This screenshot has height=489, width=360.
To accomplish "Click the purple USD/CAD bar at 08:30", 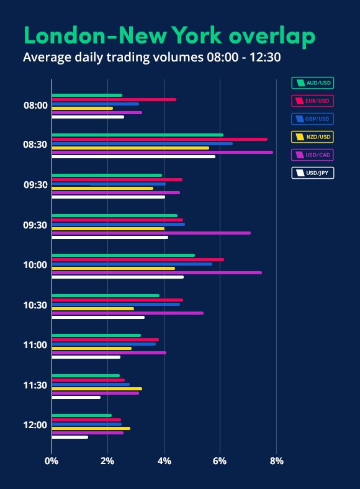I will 161,152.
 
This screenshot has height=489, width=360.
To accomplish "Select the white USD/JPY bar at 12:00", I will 70,437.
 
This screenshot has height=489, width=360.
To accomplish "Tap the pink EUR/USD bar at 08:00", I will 114,99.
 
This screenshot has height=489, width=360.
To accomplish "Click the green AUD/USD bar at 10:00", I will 123,255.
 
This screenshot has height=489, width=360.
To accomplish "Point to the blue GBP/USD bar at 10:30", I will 115,304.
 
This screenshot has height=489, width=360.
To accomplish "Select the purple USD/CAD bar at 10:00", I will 156,272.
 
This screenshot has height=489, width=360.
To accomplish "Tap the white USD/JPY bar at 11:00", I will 86,357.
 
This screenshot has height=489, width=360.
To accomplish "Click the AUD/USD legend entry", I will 312,83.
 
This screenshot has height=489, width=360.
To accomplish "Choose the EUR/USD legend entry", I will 312,101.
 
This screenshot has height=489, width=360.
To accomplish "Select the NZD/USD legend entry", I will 312,137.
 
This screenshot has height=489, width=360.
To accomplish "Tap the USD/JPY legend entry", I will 312,173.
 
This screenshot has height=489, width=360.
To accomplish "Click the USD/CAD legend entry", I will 312,155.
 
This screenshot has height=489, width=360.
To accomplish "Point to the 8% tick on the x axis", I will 277,461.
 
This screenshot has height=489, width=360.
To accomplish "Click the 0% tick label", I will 52,461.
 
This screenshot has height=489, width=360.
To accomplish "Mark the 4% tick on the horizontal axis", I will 164,461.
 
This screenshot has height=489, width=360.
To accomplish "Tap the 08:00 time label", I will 35,105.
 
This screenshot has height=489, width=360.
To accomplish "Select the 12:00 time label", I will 35,425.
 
